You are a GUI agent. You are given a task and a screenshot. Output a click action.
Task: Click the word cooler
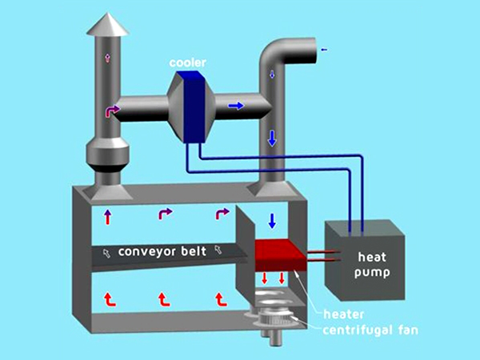189,62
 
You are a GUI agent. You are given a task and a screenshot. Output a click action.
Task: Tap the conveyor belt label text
162,251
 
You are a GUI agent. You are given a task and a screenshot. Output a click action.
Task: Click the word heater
338,314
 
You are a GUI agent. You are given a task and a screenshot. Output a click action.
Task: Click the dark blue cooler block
190,106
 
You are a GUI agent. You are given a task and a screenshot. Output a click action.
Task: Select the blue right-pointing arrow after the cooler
236,105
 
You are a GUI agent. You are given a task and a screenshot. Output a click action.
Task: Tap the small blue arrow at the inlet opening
323,50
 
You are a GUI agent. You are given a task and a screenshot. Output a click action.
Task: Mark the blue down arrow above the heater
273,220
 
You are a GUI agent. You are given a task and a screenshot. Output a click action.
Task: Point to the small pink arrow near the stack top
107,58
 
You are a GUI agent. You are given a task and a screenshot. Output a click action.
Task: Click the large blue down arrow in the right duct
272,137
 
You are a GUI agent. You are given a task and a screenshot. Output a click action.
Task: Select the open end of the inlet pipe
314,50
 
